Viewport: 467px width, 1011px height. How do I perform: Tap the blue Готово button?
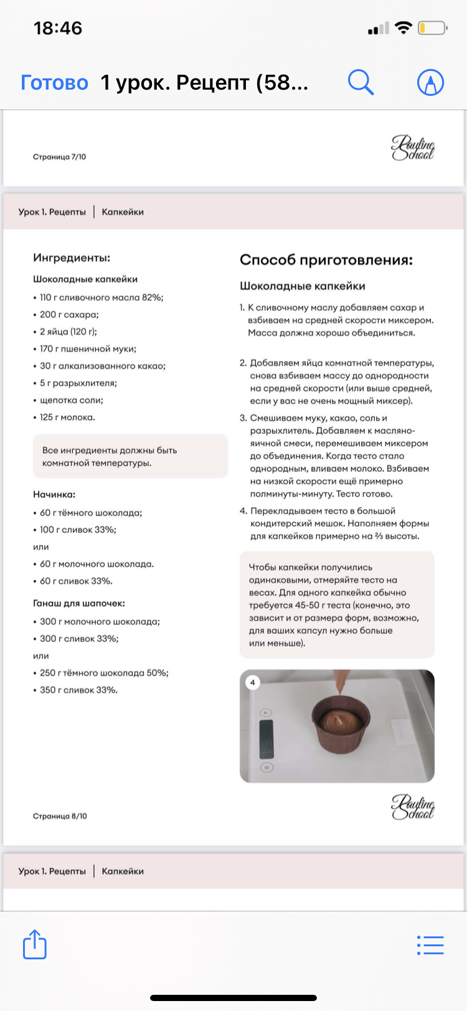55,82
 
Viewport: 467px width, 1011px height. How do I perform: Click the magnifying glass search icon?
360,82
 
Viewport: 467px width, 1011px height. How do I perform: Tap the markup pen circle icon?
430,82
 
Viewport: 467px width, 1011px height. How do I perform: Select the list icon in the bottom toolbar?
430,945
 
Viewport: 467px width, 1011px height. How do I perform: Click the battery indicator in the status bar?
432,28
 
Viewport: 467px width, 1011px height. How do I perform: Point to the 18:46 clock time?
58,28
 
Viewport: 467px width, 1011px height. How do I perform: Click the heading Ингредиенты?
72,258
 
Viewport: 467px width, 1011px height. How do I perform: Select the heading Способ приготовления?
326,260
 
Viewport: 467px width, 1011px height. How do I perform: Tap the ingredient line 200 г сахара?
69,314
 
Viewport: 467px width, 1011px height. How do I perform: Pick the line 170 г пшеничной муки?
88,349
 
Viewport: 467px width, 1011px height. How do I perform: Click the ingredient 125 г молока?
67,417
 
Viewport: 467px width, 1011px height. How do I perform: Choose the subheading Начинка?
54,494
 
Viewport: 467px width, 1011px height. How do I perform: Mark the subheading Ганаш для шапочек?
79,603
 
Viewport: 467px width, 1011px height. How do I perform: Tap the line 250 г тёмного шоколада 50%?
104,673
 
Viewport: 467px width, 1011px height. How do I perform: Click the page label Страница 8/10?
60,816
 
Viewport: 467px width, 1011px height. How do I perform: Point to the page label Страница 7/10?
60,157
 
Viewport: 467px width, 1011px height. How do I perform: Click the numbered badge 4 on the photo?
253,683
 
